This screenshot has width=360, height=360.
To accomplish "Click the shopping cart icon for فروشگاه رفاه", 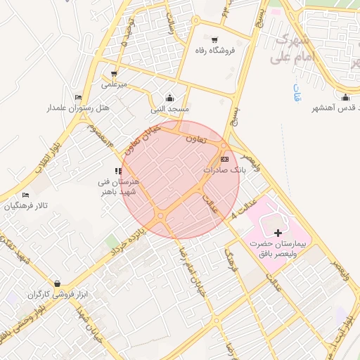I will click(214, 39).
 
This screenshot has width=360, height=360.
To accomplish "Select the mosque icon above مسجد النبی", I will click(169, 98).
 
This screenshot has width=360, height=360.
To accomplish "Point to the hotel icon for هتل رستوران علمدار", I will click(78, 97).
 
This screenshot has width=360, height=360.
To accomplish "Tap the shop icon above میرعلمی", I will click(113, 73).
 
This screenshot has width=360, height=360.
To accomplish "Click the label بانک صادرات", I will click(223, 170).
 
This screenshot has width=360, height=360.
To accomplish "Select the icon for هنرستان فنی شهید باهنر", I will click(118, 171).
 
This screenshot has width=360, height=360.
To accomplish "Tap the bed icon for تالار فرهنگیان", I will click(26, 195).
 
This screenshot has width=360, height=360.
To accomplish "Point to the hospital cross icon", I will click(278, 232).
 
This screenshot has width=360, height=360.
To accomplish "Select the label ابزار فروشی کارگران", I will click(51, 295).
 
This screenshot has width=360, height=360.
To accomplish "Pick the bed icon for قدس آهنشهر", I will click(345, 97).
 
